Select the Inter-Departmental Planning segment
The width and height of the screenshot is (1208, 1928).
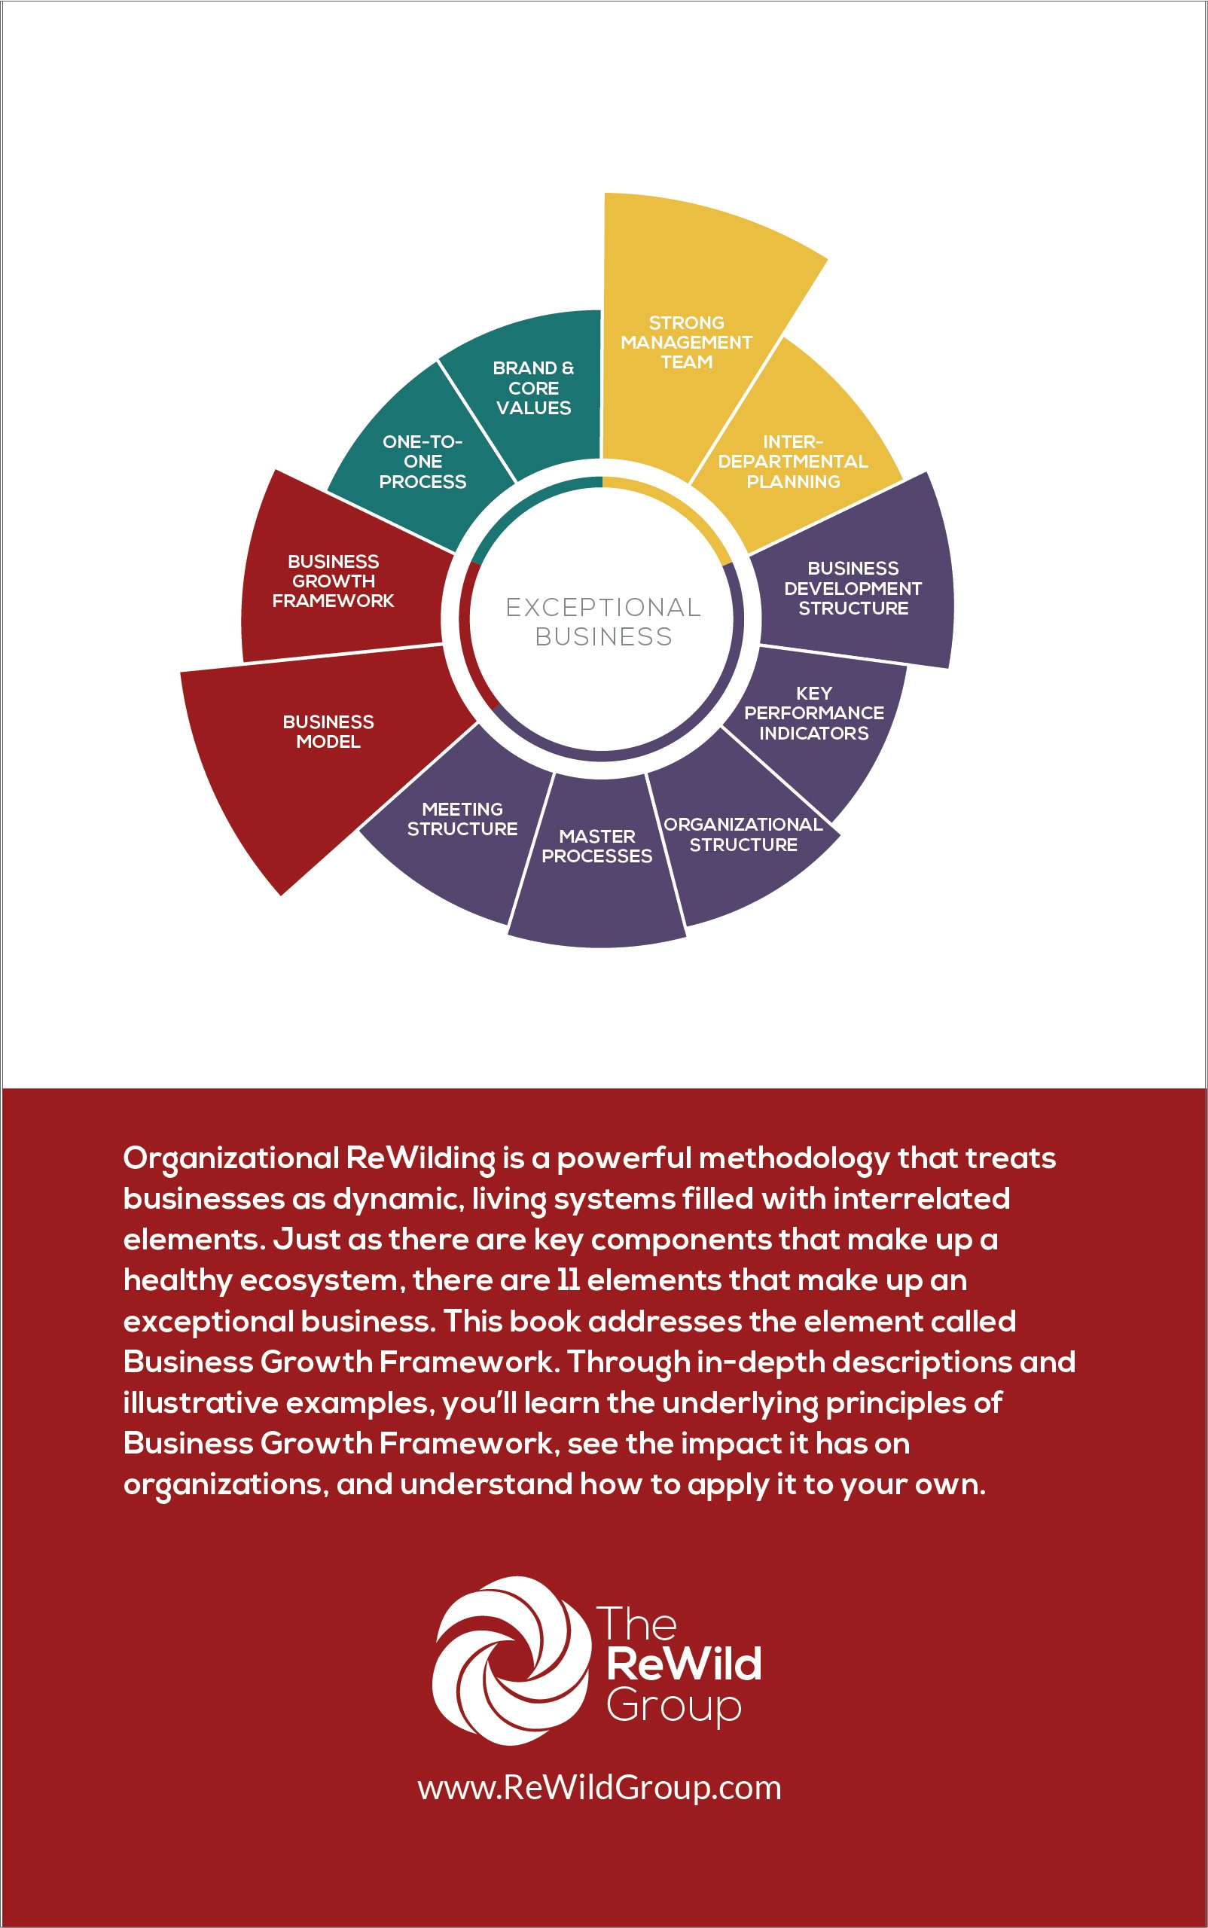click(792, 461)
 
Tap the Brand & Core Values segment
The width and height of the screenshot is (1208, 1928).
click(533, 388)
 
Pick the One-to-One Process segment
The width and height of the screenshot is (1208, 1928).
click(422, 461)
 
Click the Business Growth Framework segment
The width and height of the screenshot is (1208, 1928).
click(333, 581)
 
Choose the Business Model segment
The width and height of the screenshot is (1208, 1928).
click(328, 731)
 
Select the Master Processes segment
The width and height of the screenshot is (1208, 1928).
click(596, 847)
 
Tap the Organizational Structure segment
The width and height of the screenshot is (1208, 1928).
click(743, 835)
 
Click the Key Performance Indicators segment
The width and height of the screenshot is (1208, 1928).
click(813, 712)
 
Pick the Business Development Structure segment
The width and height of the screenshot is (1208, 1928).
click(853, 588)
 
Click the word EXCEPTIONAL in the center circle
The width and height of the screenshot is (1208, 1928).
click(603, 607)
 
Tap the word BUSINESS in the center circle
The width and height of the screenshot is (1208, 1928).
click(603, 637)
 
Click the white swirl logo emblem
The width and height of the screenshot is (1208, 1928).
click(511, 1661)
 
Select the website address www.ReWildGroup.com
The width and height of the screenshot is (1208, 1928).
click(599, 1787)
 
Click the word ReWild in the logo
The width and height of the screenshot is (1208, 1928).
click(683, 1664)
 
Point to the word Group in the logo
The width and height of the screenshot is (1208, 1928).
click(673, 1705)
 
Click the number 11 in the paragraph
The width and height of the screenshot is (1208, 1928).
click(567, 1281)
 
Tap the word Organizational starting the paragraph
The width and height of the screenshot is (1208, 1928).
click(232, 1158)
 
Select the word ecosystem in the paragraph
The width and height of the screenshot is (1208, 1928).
click(319, 1281)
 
